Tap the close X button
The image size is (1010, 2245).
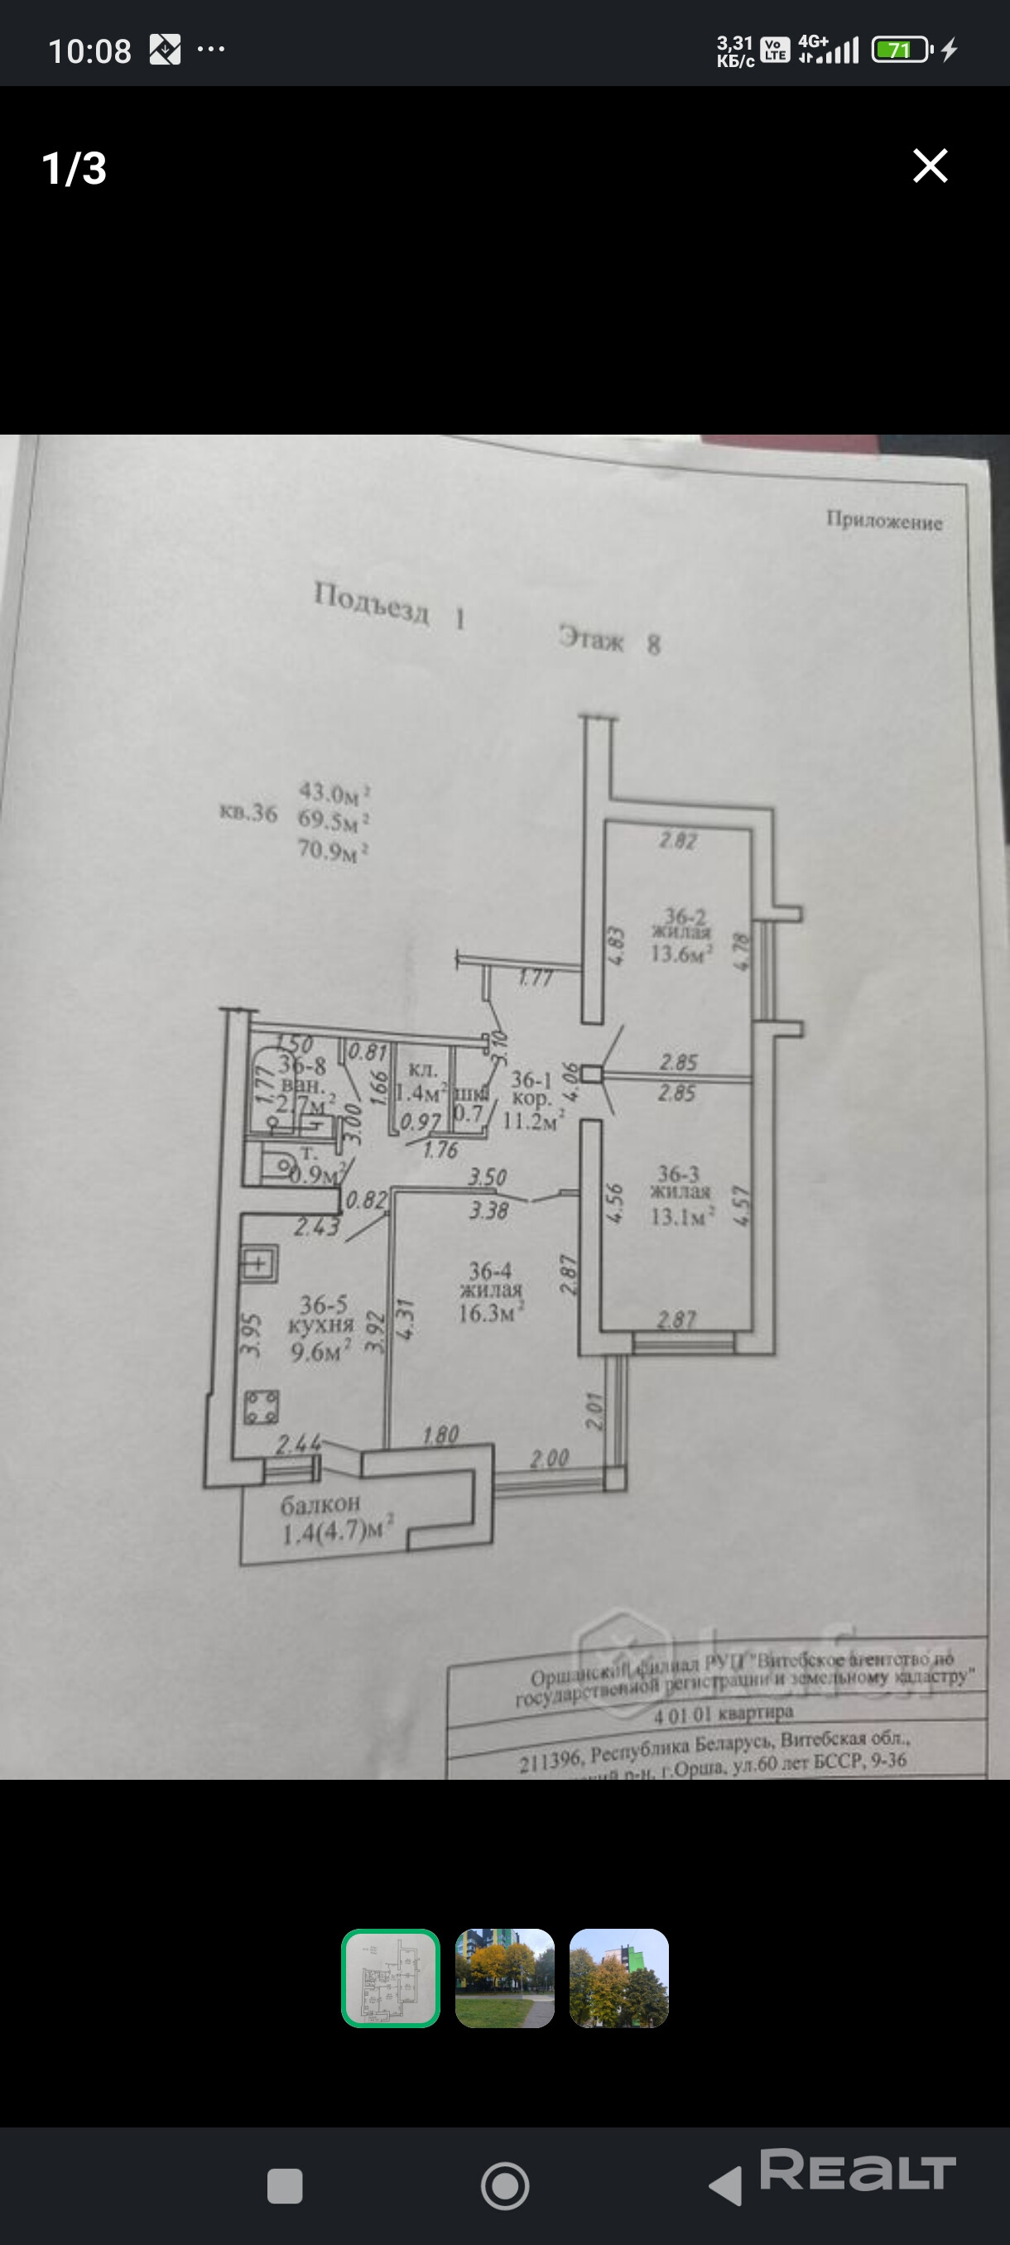(930, 166)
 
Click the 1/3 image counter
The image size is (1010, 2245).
(74, 168)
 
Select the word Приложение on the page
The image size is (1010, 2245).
(883, 522)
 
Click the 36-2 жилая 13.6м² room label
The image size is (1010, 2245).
(682, 935)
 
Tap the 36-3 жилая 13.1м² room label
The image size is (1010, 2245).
(681, 1195)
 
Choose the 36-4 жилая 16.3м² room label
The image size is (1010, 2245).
(491, 1292)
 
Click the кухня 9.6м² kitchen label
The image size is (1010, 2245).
(321, 1328)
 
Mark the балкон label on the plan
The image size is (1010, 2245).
(320, 1503)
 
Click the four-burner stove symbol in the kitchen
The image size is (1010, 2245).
(261, 1406)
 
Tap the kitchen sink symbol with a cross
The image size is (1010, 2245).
(259, 1263)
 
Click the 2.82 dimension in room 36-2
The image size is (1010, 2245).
(678, 840)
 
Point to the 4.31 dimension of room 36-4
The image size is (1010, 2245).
(405, 1318)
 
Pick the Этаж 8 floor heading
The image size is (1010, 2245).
(609, 641)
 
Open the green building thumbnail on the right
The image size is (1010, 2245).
(618, 1978)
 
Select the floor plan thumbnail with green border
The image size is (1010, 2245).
(391, 1978)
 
